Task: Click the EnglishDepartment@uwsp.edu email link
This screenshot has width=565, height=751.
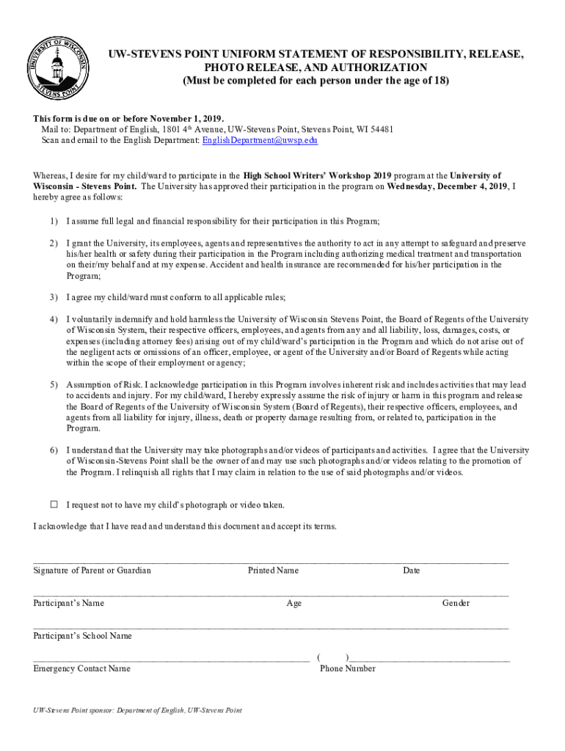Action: [260, 140]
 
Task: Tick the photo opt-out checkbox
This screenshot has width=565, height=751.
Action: [54, 505]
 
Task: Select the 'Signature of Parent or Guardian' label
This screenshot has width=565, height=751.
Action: [92, 571]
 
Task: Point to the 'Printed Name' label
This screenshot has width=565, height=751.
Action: [273, 571]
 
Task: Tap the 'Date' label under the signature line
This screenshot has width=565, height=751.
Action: [411, 571]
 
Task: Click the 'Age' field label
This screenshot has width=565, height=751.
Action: [294, 604]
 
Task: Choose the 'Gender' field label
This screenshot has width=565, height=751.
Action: [456, 604]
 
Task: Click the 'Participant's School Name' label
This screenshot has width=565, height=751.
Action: [82, 636]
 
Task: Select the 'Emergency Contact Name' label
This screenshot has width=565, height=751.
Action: [81, 669]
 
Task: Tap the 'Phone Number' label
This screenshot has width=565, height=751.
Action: [348, 669]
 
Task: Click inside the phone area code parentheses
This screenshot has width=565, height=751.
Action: [332, 657]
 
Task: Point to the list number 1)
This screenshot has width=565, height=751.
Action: [54, 221]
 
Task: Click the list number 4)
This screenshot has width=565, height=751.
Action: [54, 320]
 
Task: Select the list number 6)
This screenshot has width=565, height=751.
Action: [54, 450]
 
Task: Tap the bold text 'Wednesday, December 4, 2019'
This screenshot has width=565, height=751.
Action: [448, 186]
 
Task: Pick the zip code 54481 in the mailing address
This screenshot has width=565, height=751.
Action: [381, 129]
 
